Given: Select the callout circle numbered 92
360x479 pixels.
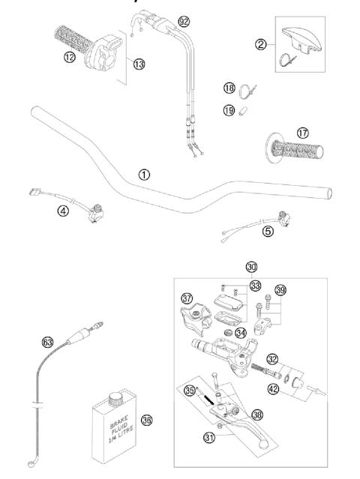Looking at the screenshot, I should point(184,22).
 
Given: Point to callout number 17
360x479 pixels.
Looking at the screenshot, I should point(281,133).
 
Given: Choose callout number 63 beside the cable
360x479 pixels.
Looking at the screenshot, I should point(47,342).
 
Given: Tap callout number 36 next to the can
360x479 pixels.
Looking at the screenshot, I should point(147,421).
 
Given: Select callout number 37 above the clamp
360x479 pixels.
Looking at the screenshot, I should point(187,297).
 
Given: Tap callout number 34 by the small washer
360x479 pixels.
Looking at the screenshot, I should point(241,332).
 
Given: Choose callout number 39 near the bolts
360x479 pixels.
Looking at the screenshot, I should point(280,290).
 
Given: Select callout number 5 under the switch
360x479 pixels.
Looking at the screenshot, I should point(268,231).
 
